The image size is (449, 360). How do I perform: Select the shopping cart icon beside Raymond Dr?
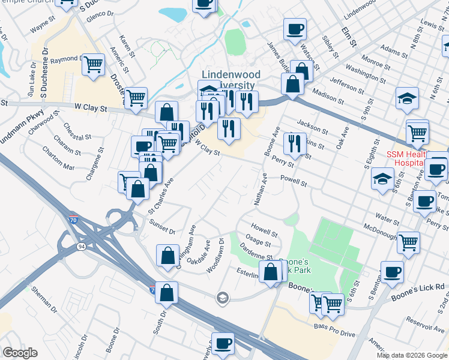[x=93, y=63]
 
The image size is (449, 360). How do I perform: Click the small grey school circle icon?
[x=222, y=298]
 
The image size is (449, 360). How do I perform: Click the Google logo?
[x=20, y=352]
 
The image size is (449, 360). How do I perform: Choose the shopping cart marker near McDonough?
[x=408, y=242]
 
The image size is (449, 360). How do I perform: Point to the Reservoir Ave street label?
[x=424, y=325]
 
